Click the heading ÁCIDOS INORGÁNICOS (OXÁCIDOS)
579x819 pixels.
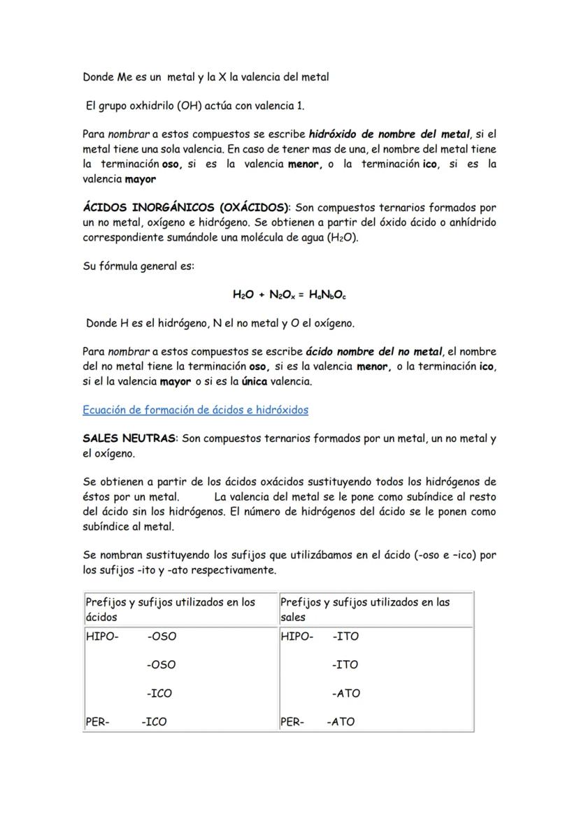pyautogui.click(x=186, y=208)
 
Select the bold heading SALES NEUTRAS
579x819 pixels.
pyautogui.click(x=130, y=439)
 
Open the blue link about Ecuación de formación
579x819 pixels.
pyautogui.click(x=195, y=409)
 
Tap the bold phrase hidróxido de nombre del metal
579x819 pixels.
pyautogui.click(x=389, y=134)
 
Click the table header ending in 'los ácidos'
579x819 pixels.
pyautogui.click(x=170, y=609)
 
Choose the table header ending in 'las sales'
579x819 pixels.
pyautogui.click(x=364, y=609)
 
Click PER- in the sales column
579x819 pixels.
pyautogui.click(x=292, y=722)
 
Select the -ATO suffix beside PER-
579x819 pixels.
pyautogui.click(x=341, y=722)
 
